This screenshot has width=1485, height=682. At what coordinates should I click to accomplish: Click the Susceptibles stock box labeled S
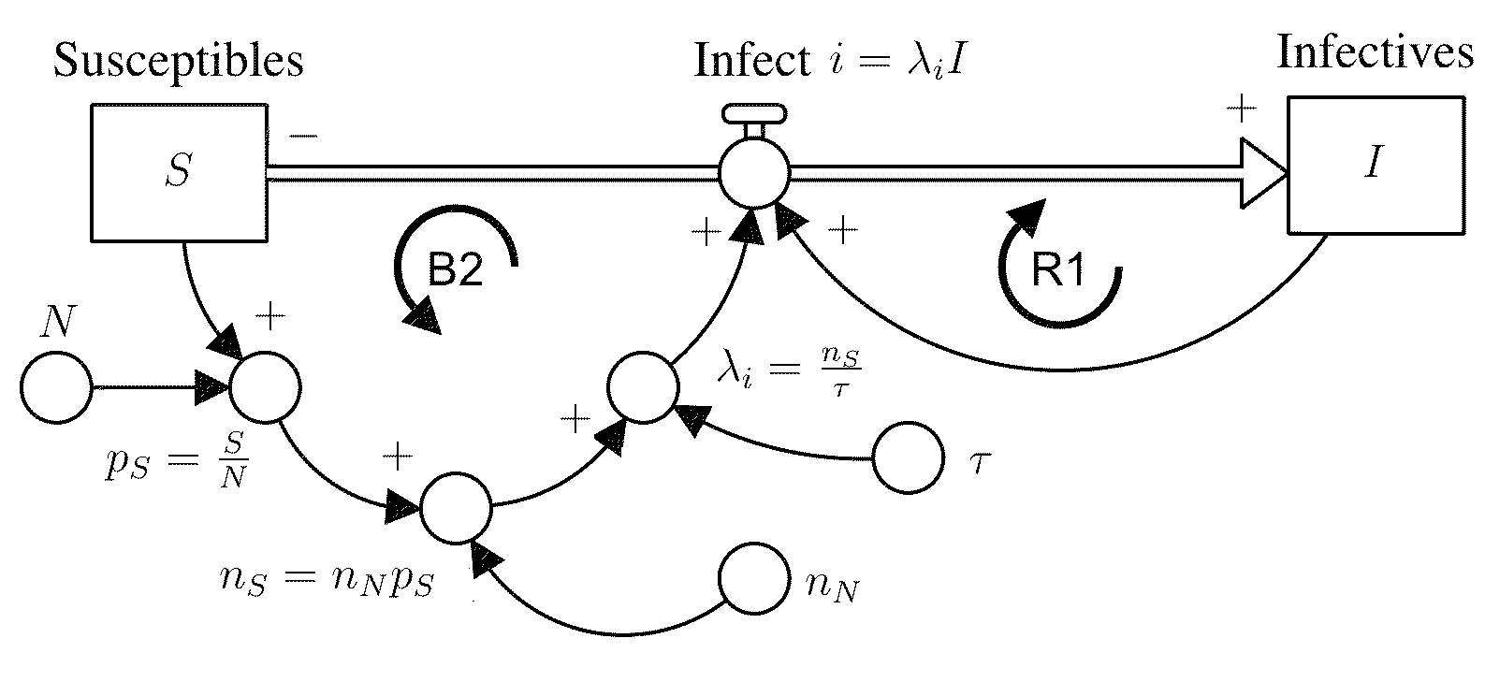(x=178, y=171)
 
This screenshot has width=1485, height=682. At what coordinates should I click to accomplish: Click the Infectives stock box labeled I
(x=1373, y=165)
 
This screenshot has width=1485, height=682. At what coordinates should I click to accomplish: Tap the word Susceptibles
(x=179, y=61)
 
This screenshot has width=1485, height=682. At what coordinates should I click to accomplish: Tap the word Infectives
(x=1375, y=52)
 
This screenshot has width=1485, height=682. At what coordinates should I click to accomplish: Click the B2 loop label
(x=456, y=270)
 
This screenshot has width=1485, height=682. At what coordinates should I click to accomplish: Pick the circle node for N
(x=56, y=386)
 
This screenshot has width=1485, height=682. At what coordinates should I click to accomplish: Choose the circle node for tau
(x=908, y=458)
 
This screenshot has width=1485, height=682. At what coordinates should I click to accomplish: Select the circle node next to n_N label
(x=754, y=579)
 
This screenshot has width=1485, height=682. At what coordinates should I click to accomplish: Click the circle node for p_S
(x=265, y=386)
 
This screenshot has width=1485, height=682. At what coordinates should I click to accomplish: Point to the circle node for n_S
(x=456, y=507)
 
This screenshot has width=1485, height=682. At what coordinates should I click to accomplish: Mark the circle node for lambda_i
(x=642, y=386)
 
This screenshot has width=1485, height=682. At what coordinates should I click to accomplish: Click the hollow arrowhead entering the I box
(x=1261, y=172)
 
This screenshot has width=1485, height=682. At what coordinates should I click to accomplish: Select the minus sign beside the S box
(x=302, y=137)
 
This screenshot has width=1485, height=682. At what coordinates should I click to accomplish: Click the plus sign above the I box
(x=1241, y=109)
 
